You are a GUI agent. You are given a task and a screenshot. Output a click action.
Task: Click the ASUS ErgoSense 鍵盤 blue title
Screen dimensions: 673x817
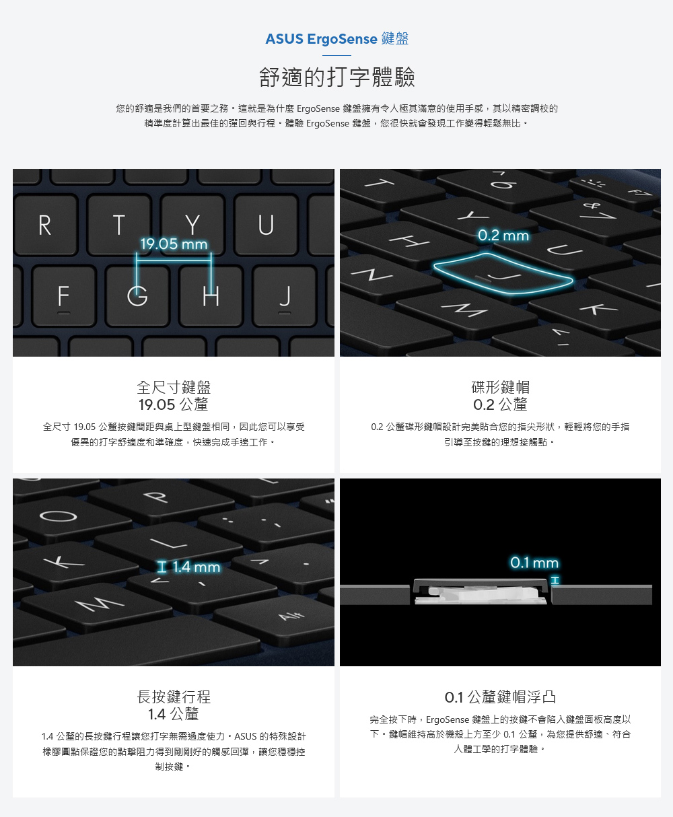(337, 39)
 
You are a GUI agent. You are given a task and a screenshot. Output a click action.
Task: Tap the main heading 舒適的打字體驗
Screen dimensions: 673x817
(337, 77)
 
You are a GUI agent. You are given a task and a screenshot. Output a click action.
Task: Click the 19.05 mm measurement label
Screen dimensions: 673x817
(174, 244)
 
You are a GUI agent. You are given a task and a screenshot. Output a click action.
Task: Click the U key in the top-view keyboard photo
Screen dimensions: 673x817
(266, 225)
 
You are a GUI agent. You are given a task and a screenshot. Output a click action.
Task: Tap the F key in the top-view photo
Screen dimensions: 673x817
(64, 296)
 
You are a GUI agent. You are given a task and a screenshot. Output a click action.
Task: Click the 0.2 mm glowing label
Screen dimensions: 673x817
(503, 235)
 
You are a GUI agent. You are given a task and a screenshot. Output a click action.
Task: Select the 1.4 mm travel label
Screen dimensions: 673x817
(189, 567)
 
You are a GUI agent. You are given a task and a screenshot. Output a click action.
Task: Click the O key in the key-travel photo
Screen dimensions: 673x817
(59, 516)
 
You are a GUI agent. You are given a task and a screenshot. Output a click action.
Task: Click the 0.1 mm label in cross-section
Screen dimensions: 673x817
(534, 563)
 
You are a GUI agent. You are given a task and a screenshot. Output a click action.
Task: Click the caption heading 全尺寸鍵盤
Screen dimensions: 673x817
(174, 388)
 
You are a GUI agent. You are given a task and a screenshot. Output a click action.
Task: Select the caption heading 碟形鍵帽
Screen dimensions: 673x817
(501, 388)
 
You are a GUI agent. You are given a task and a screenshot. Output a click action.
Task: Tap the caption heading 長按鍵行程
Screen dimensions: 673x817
(174, 697)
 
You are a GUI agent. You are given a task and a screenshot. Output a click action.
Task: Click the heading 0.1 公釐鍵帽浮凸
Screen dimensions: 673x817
(501, 697)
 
